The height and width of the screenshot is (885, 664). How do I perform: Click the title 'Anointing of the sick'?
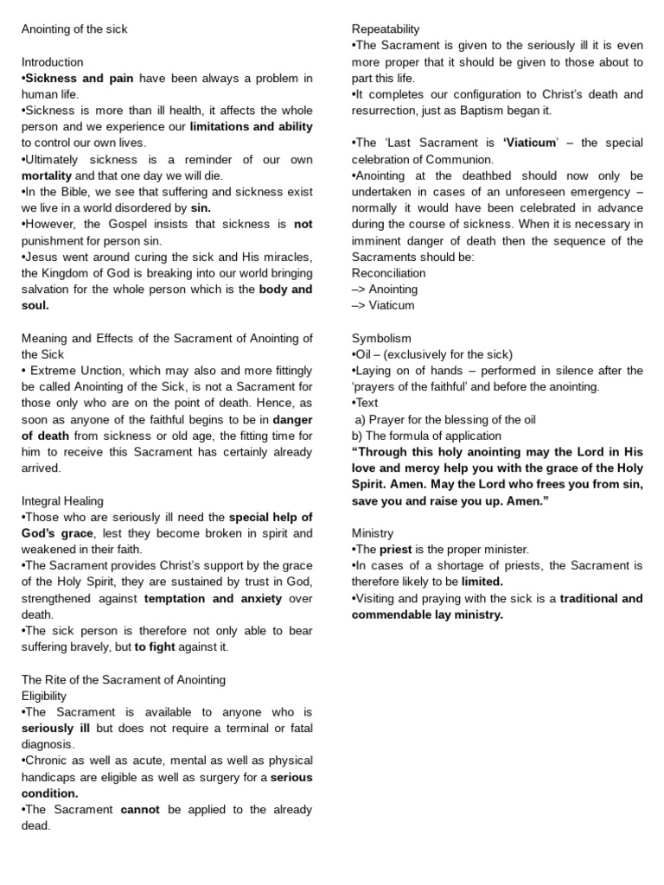coord(74,29)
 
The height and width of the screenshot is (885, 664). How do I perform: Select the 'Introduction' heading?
coord(53,62)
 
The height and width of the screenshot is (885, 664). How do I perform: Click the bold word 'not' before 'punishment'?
coord(303,225)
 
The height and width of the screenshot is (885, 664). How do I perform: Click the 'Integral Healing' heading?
coord(62,500)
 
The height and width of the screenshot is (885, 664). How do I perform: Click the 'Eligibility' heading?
coord(44,696)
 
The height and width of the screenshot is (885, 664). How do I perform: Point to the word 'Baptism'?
coord(495,111)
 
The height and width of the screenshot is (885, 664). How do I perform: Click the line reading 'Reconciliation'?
coord(389,273)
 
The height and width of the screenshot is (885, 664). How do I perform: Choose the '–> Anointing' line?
coord(385,290)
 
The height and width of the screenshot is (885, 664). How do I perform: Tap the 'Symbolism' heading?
coord(381,338)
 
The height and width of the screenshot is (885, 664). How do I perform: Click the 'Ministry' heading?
coord(373,532)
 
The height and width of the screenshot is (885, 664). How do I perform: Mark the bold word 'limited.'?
coord(482,582)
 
